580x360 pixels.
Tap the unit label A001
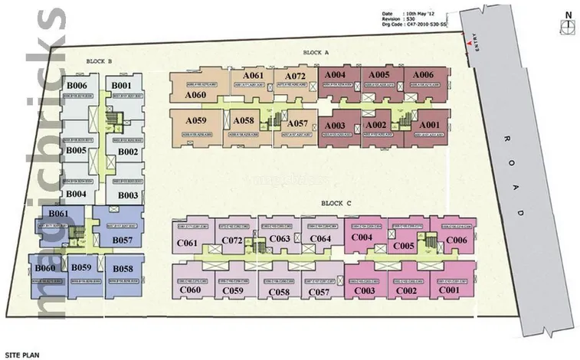[x=429, y=125]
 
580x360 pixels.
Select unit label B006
[x=79, y=85]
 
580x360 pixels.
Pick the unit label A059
[x=195, y=121]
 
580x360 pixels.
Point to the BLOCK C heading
[x=337, y=204]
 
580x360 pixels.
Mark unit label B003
[x=128, y=196]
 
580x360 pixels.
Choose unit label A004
[x=335, y=74]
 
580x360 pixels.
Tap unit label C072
[x=232, y=241]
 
